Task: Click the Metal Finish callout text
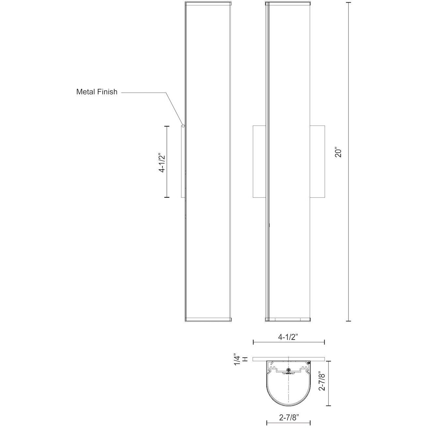pyautogui.click(x=97, y=92)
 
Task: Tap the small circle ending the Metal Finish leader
pyautogui.click(x=183, y=125)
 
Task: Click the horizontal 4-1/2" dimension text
pyautogui.click(x=289, y=338)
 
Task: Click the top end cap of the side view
pyautogui.click(x=208, y=4)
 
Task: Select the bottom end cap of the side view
pyautogui.click(x=208, y=319)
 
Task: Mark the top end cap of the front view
pyautogui.click(x=288, y=4)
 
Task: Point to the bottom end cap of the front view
pyautogui.click(x=288, y=319)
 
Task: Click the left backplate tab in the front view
pyautogui.click(x=260, y=161)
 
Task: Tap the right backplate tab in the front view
pyautogui.click(x=317, y=161)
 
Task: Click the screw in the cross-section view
pyautogui.click(x=288, y=370)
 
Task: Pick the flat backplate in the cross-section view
pyautogui.click(x=289, y=359)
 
